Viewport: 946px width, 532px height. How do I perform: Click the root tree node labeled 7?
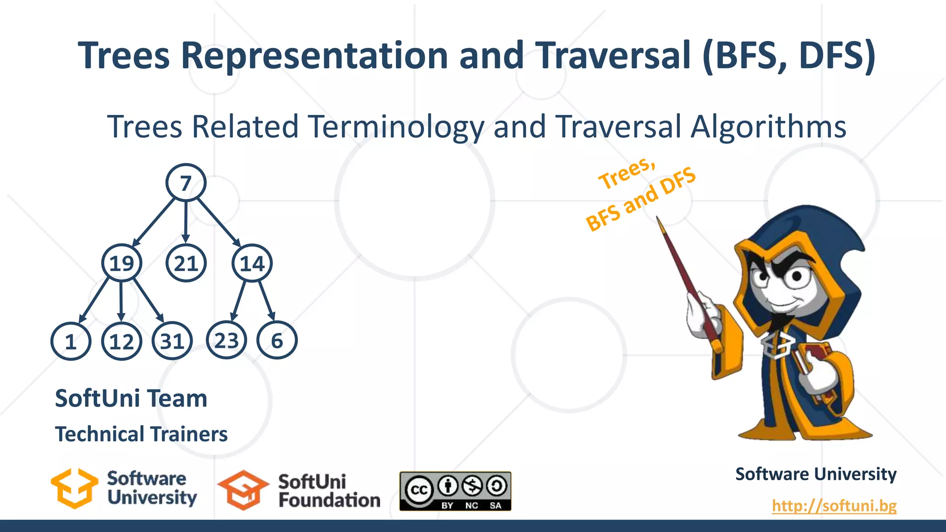tap(186, 183)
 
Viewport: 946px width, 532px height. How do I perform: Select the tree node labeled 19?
tap(121, 263)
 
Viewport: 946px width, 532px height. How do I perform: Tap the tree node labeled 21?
tap(186, 263)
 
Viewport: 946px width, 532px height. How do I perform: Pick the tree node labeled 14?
tap(252, 263)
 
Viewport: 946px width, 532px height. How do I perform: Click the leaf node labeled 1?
tap(70, 341)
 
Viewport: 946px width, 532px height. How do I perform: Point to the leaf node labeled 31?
tap(172, 341)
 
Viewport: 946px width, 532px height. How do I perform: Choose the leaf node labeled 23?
tap(226, 340)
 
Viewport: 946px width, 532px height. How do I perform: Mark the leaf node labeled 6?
tap(277, 340)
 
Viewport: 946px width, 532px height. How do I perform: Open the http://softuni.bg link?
tap(834, 505)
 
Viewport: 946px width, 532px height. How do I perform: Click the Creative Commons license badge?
tap(455, 491)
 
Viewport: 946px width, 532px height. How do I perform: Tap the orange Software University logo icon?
tap(74, 489)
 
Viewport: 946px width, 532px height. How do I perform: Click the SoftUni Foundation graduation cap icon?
tap(243, 490)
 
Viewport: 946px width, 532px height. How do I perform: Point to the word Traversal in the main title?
tap(614, 55)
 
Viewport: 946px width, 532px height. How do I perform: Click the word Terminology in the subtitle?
tap(396, 127)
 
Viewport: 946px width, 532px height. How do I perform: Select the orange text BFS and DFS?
tap(640, 199)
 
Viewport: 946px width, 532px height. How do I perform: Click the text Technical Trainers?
tap(141, 434)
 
